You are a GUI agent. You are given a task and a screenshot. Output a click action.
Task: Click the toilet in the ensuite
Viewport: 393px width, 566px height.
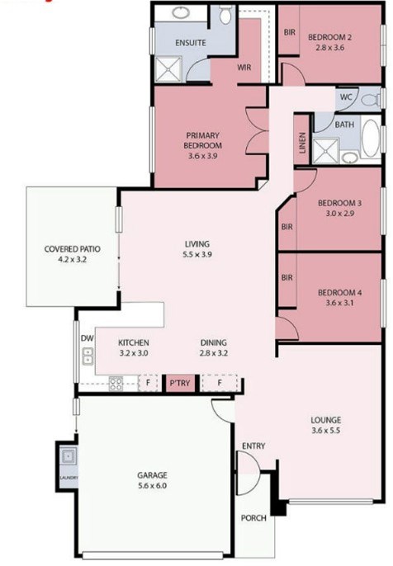pos(225,15)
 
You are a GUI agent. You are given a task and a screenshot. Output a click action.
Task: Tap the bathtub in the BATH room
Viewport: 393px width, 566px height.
pos(371,139)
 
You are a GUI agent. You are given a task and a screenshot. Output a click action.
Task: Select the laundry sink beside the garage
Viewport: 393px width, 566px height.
pos(68,456)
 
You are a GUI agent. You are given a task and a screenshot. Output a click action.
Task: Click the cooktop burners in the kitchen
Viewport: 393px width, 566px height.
pos(116,384)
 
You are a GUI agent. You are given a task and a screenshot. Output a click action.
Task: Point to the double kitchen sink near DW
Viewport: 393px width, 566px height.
pos(88,356)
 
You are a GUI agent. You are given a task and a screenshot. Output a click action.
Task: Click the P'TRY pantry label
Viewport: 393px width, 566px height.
pos(179,383)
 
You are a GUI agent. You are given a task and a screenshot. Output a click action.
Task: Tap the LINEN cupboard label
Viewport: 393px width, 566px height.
pos(303,143)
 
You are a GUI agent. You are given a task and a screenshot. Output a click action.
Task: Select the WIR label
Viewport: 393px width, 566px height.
pos(244,68)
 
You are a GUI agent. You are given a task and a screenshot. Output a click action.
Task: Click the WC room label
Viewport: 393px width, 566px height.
pos(346,97)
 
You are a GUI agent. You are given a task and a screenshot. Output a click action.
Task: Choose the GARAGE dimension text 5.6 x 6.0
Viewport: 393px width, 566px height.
pos(153,485)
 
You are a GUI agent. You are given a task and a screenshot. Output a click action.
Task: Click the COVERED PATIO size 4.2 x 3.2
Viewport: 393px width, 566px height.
pos(73,259)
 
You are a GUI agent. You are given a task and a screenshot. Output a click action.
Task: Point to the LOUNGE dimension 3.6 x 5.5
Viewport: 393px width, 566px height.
pos(326,431)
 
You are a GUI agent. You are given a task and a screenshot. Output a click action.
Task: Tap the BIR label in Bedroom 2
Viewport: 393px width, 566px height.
pos(289,32)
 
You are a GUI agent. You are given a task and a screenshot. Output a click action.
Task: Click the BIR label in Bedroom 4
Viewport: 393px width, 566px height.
pos(287,277)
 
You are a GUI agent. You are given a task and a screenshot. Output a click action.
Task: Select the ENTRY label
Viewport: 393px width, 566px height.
pos(253,446)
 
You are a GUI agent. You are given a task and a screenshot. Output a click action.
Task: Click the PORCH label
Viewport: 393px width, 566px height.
pos(253,518)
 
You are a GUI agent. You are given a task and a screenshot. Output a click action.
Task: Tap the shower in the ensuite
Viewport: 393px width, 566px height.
pos(168,69)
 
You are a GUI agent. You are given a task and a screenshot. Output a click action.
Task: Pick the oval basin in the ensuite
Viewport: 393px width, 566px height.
pos(181,13)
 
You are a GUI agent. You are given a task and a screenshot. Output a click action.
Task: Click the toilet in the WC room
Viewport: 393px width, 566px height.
pos(371,99)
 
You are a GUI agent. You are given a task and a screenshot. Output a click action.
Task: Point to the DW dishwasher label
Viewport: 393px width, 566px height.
pos(87,338)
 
